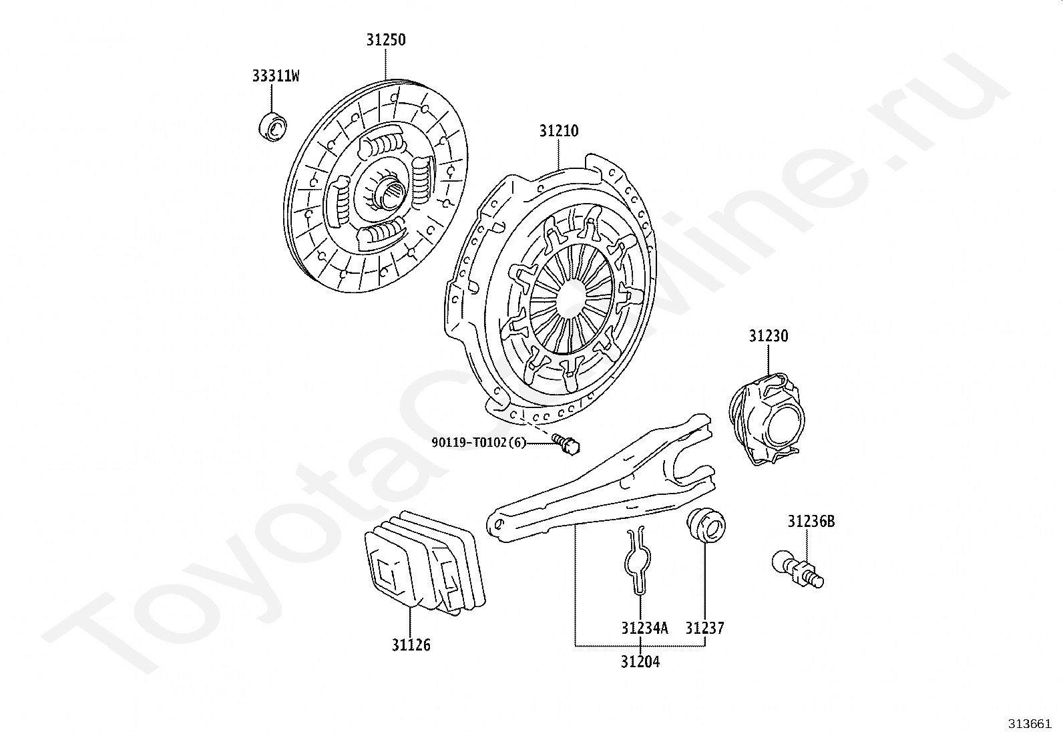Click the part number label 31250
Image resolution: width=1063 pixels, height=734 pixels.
coord(385,40)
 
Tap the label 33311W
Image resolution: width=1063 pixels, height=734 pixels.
coord(275,76)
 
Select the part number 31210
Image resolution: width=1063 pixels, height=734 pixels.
coord(559,131)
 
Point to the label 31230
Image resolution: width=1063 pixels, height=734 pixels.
coord(768,336)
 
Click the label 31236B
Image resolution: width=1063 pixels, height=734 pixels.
coord(811,522)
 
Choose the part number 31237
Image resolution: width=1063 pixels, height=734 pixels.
coord(704,628)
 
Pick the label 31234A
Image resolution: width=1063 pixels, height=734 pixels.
coord(644,628)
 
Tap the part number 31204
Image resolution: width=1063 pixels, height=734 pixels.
coord(640,662)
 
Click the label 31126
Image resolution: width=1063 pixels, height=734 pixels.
coord(411,645)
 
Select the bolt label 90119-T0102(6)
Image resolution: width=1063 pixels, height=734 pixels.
coord(479,442)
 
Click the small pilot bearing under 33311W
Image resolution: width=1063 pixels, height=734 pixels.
coord(272,127)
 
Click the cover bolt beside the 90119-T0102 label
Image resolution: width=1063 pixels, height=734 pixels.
coord(567,444)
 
